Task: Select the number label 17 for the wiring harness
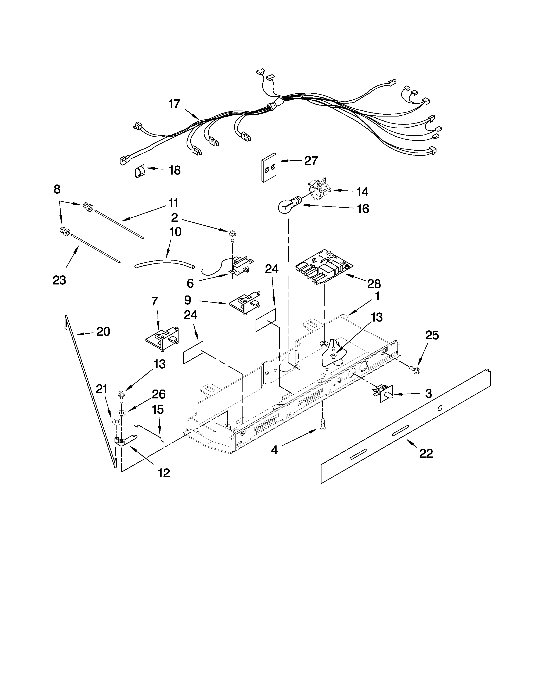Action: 174,104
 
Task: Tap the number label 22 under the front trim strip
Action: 426,453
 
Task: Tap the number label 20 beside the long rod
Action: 103,331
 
